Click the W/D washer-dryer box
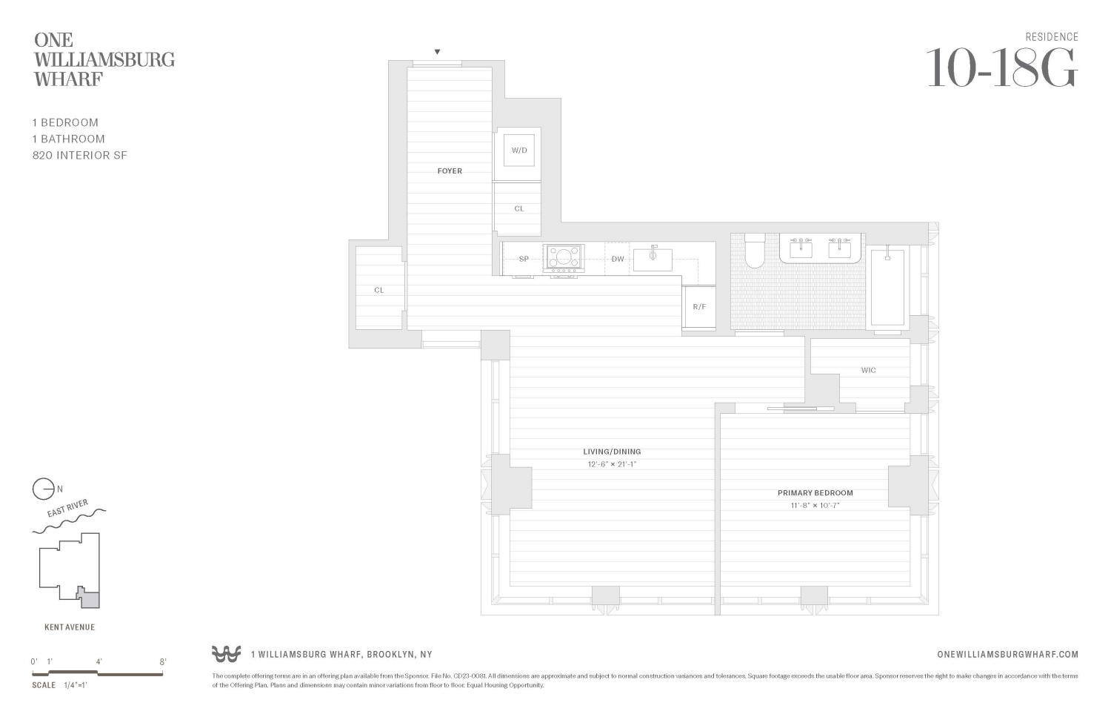click(518, 150)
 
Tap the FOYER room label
click(450, 171)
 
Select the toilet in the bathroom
click(755, 251)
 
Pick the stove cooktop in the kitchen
click(563, 259)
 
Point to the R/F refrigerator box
click(699, 307)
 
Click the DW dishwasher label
click(618, 259)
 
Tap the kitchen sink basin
click(653, 260)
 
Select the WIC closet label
click(868, 370)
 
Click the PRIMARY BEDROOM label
click(815, 493)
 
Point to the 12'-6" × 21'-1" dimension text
click(612, 465)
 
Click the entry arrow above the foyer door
click(437, 52)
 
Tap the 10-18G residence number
click(1001, 68)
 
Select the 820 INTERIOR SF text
click(80, 156)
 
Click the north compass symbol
click(44, 489)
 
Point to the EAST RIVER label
click(67, 509)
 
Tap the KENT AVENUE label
click(70, 627)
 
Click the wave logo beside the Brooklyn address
click(227, 654)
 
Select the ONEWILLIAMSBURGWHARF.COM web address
click(1007, 655)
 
